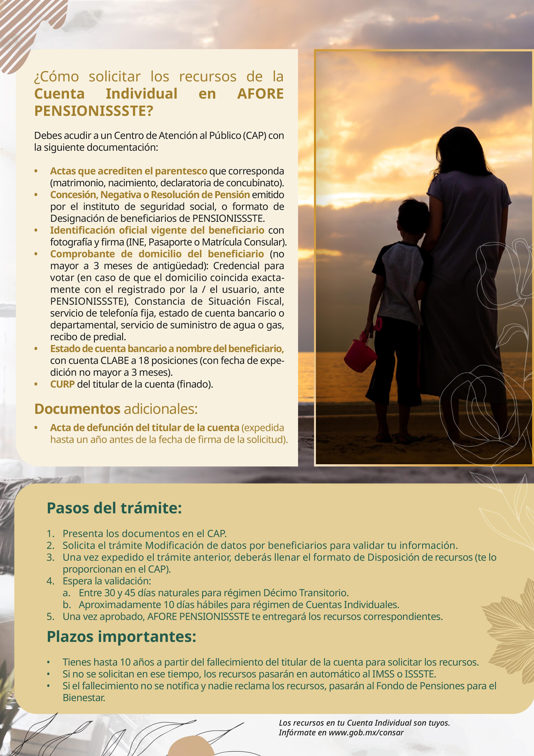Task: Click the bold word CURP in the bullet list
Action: tap(62, 384)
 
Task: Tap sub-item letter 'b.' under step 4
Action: tap(66, 605)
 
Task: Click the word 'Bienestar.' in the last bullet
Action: tap(84, 698)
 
